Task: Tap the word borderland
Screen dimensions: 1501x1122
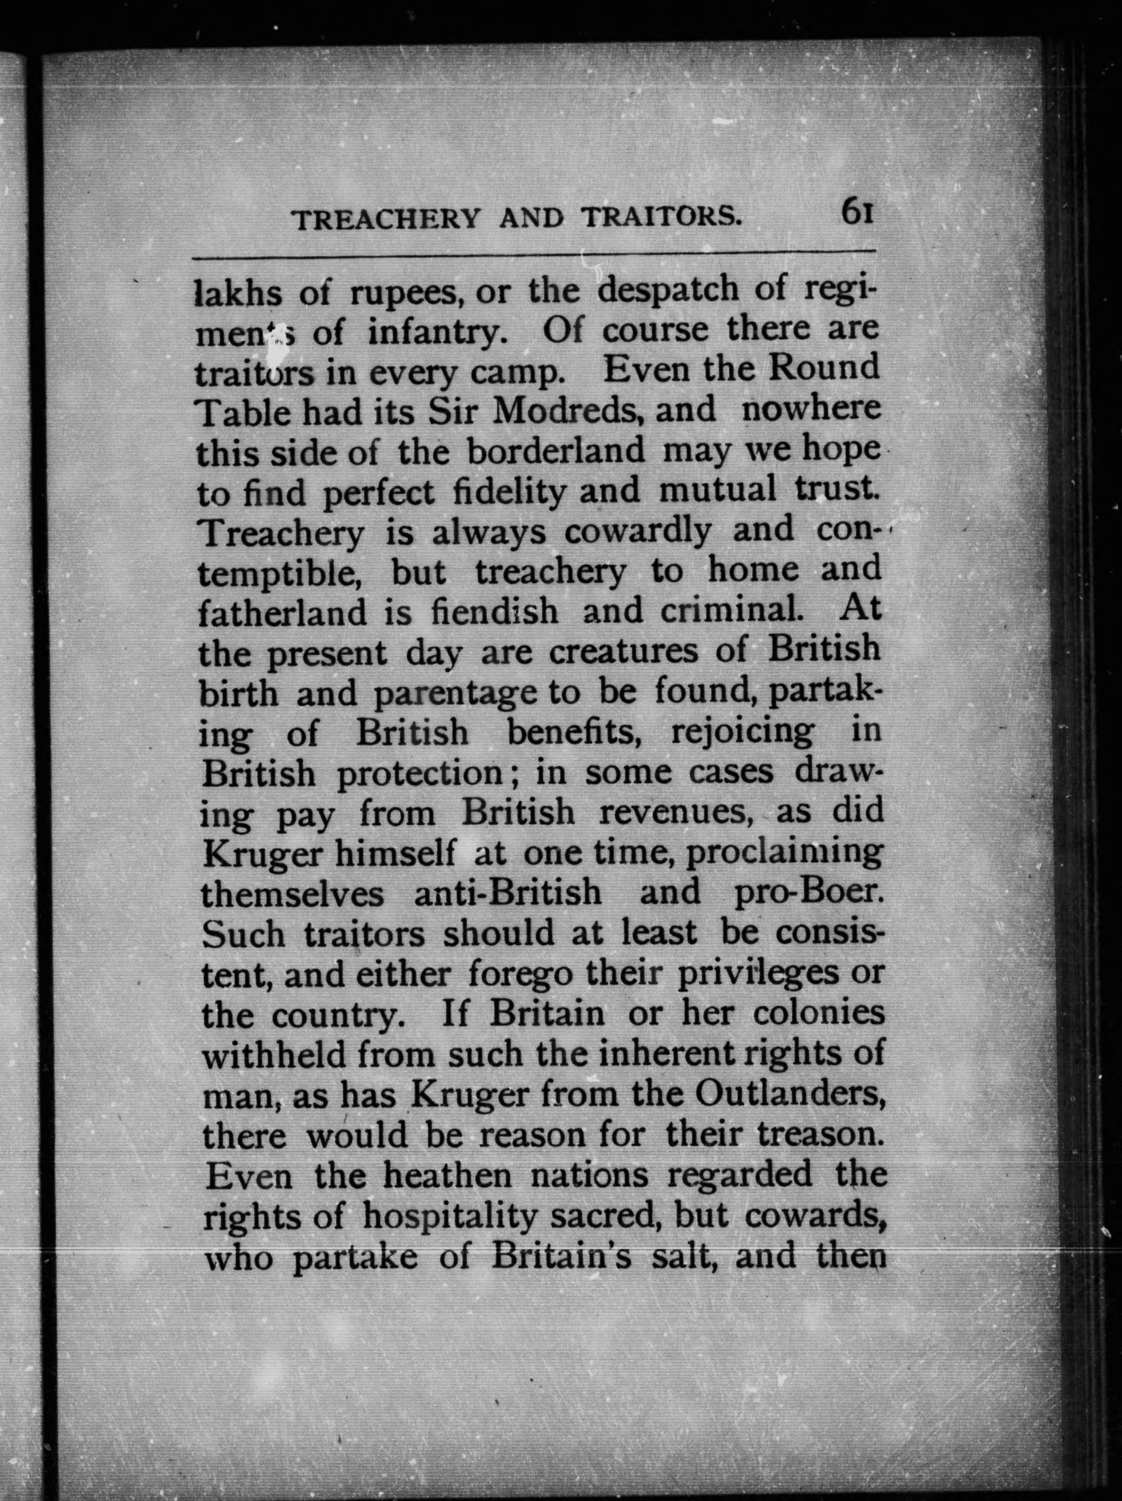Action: [x=556, y=450]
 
